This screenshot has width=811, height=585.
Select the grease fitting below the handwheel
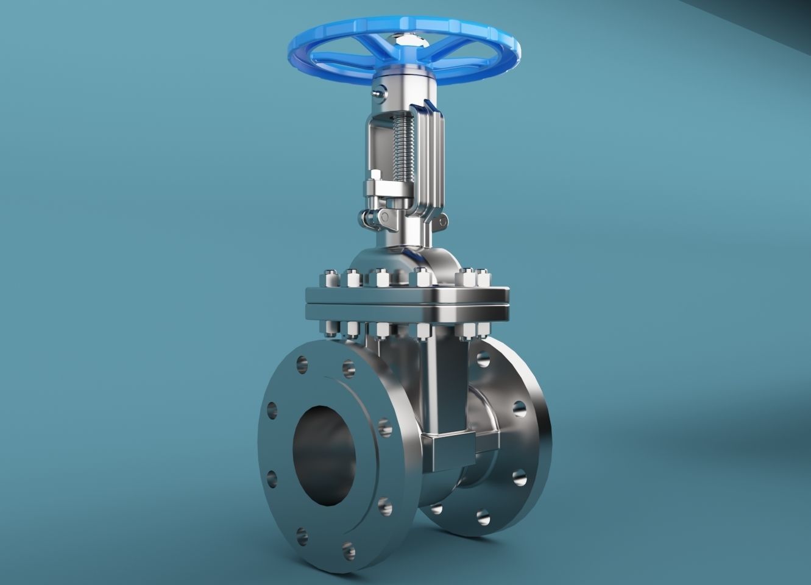pyautogui.click(x=380, y=93)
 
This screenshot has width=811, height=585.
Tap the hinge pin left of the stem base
pyautogui.click(x=367, y=216)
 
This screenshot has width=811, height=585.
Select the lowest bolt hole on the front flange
pyautogui.click(x=349, y=550)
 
